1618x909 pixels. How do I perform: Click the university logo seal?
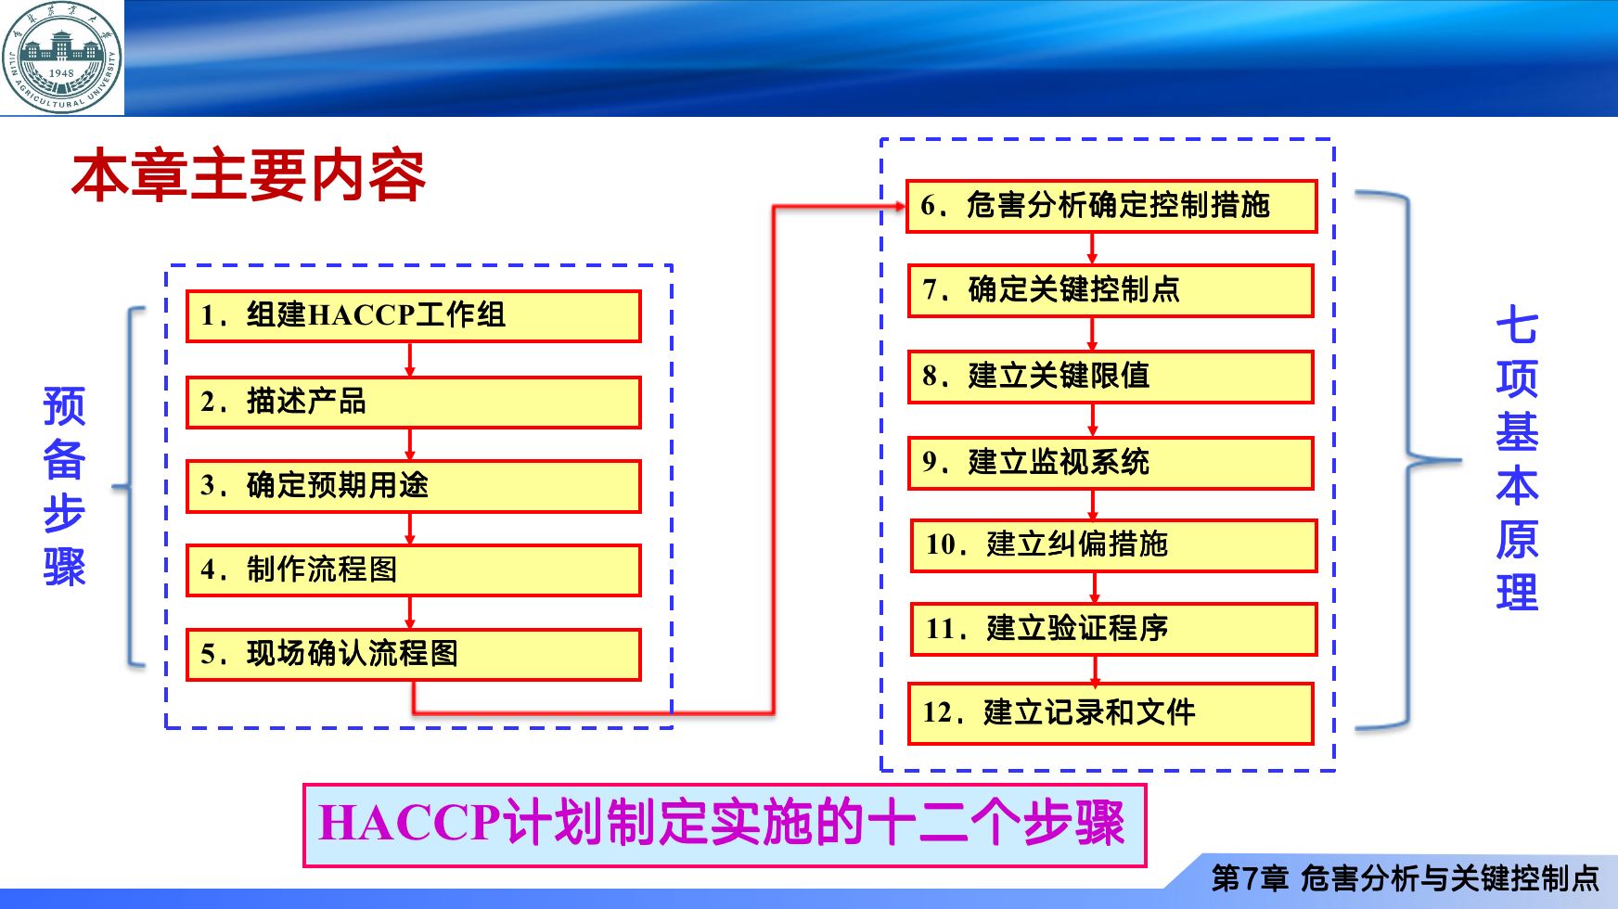62,58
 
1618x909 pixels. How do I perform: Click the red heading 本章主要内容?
249,175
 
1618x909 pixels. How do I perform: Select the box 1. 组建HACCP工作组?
414,316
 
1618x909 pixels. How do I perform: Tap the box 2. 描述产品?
414,403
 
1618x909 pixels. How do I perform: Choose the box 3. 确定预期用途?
414,486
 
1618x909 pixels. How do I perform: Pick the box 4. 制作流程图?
414,570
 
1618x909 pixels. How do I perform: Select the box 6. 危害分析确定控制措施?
1111,206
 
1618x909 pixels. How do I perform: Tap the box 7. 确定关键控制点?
1111,290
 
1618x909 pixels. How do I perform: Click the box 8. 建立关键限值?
1111,377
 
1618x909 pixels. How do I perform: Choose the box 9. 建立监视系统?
1111,463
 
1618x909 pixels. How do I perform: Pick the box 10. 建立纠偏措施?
1113,545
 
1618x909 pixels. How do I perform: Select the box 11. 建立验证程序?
1113,629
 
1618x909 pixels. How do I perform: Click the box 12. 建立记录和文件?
1111,713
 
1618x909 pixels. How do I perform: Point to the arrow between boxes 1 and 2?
410,360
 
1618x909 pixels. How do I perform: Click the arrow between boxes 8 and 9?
1093,420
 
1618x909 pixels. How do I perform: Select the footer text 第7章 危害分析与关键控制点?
1406,877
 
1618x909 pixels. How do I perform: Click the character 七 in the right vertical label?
1517,326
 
